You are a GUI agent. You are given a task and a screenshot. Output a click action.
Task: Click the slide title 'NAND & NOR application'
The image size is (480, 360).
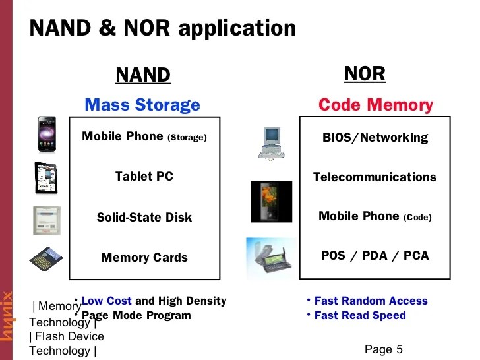pos(163,28)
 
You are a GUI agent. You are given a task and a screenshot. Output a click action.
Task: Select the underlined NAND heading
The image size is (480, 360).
pos(143,75)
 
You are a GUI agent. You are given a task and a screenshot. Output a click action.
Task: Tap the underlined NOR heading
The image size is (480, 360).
pos(365,74)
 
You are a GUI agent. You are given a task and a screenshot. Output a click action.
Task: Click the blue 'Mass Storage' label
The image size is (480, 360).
pos(142,105)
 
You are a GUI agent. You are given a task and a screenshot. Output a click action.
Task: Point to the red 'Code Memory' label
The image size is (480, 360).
pos(375,105)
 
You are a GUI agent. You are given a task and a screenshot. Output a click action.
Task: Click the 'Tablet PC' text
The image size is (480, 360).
pos(144,177)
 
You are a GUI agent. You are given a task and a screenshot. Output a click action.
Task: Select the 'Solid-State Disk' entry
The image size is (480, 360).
pos(144,217)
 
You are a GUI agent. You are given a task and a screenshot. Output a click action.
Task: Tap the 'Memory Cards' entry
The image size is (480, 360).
pos(144,257)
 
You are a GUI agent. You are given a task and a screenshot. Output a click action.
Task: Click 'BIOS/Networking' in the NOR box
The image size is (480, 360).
pos(375,138)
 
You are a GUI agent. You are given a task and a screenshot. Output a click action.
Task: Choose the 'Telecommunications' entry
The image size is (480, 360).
pos(375,177)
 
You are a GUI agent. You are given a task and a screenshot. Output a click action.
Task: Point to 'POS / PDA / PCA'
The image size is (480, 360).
pos(375,255)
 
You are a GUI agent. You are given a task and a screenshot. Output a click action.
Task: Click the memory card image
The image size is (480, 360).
pos(45,257)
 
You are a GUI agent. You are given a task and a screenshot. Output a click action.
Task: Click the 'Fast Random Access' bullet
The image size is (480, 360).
pos(371,301)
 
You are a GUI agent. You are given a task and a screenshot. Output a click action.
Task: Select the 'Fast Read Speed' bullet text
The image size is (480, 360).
pos(360,315)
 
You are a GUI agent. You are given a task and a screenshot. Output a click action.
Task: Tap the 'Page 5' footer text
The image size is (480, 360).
pos(383,349)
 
